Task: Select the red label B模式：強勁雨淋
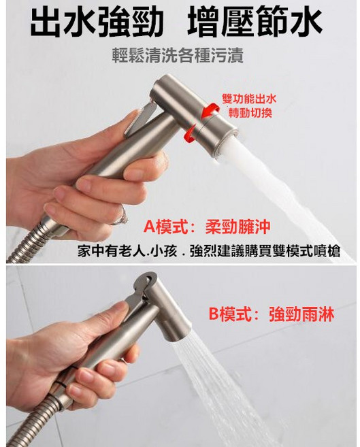coord(271,315)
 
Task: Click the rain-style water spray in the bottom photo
coord(225,395)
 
